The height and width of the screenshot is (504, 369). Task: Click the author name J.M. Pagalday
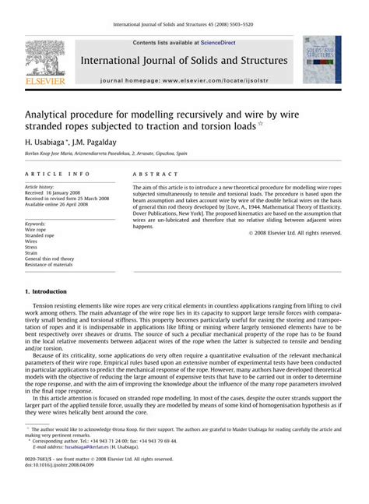[x=100, y=144]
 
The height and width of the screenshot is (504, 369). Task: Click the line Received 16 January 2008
[x=60, y=193]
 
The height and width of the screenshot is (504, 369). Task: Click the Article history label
[x=44, y=187]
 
